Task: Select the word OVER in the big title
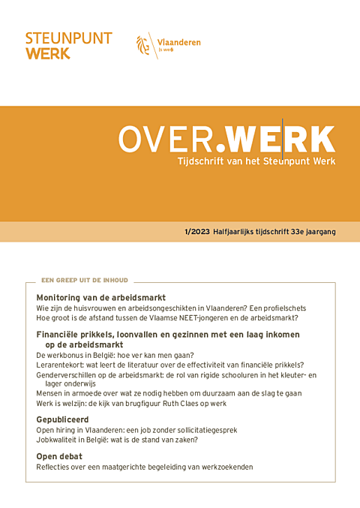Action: (169, 139)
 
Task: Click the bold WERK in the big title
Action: (279, 139)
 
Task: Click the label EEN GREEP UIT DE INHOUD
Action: (85, 281)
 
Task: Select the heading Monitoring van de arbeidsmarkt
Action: (100, 298)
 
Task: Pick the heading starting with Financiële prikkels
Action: (167, 334)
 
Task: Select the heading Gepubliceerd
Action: (62, 419)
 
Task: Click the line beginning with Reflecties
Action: (145, 467)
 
